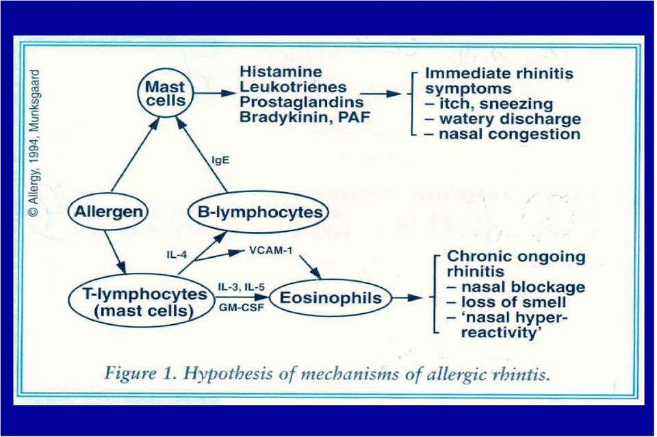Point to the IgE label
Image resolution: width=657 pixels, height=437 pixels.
pyautogui.click(x=220, y=160)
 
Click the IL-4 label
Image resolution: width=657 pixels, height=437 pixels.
pyautogui.click(x=177, y=254)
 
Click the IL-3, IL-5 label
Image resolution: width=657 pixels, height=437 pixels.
pyautogui.click(x=241, y=287)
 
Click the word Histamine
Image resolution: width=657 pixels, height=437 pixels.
pyautogui.click(x=281, y=72)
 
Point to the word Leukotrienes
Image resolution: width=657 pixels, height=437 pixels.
pyautogui.click(x=294, y=87)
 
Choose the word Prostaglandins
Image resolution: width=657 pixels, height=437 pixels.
pyautogui.click(x=301, y=102)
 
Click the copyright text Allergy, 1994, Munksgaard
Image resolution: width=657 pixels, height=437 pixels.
pyautogui.click(x=35, y=143)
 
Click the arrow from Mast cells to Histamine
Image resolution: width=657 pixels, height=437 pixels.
pyautogui.click(x=214, y=93)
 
